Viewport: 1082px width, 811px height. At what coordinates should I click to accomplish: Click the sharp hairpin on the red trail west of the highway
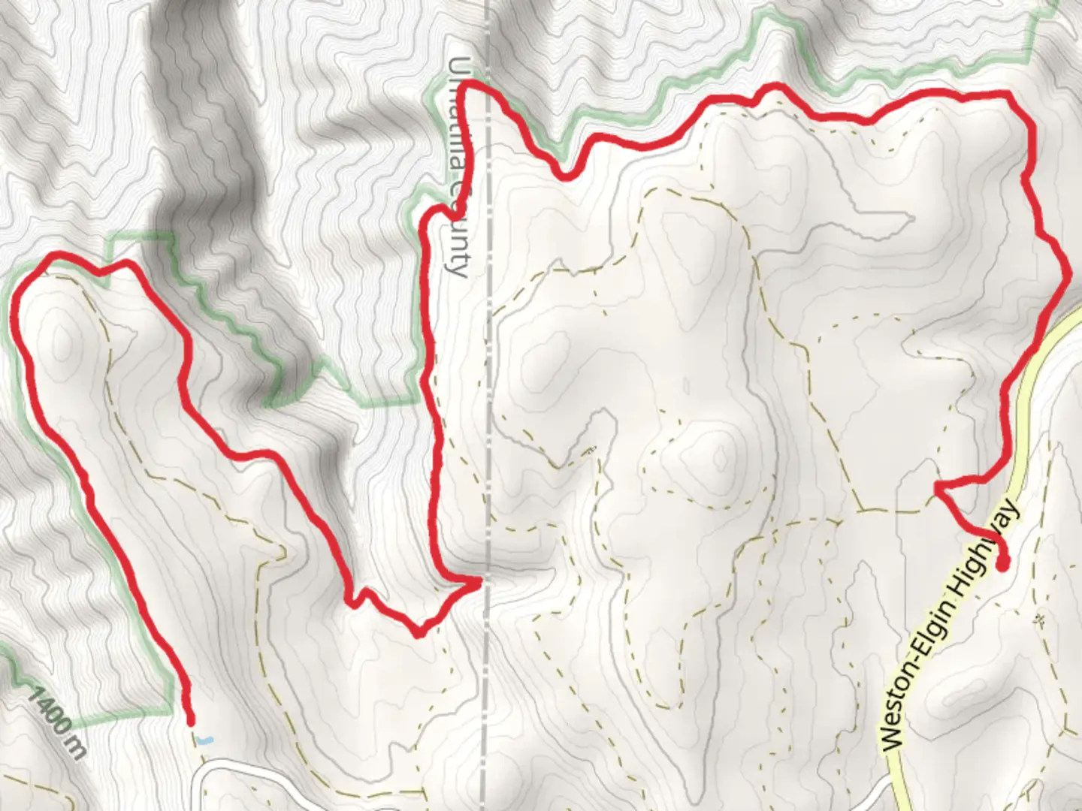tap(938, 490)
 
